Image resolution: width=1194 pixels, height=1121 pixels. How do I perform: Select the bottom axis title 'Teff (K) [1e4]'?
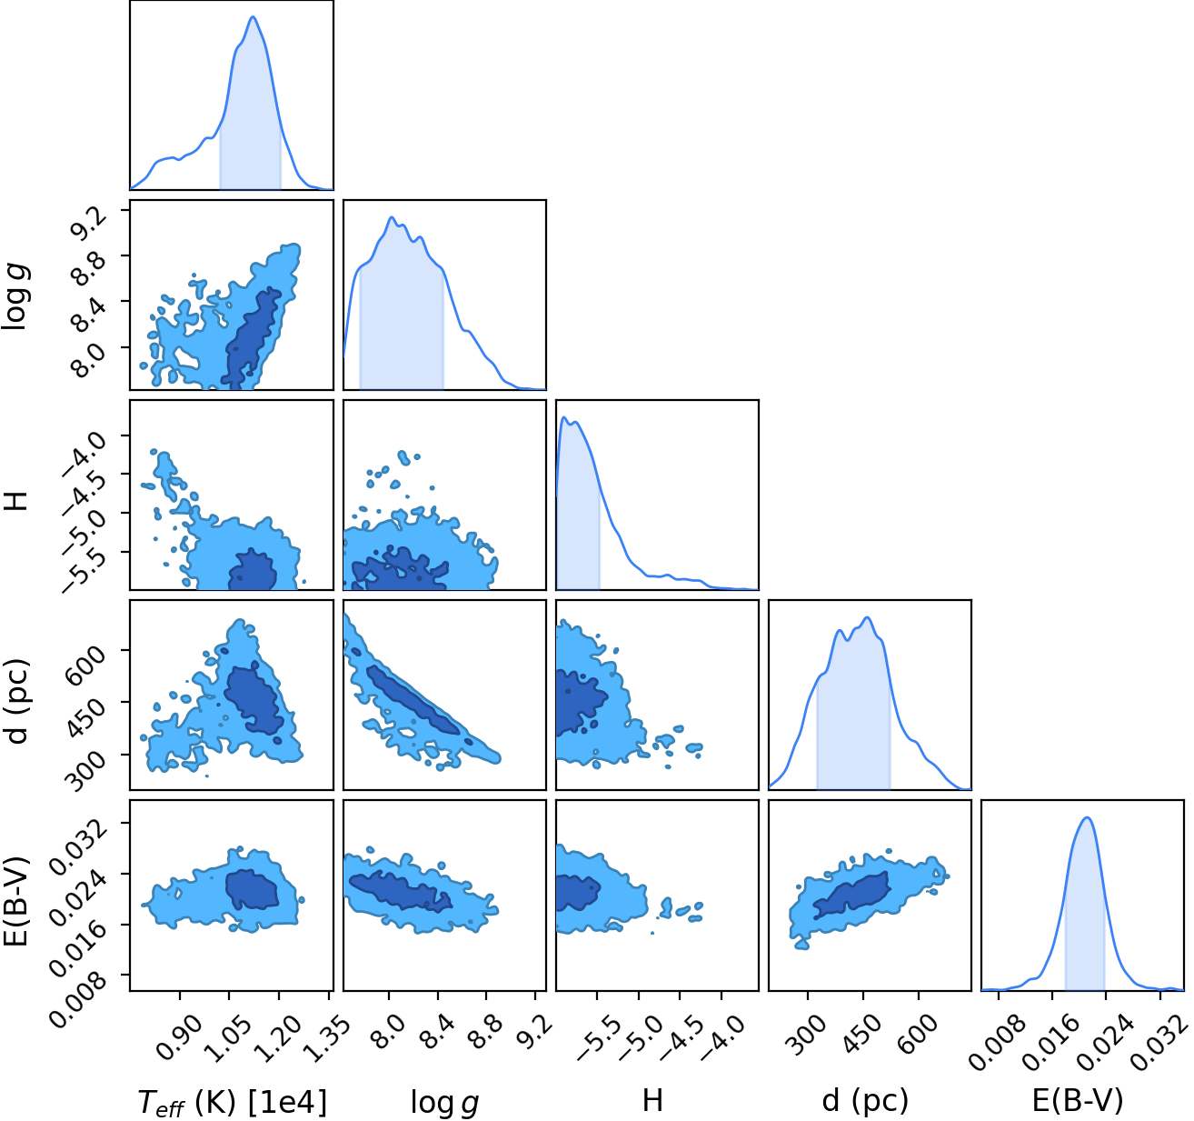233,1102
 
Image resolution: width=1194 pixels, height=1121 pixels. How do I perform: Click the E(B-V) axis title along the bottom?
1078,1100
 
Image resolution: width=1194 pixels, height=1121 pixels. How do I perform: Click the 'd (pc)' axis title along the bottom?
865,1100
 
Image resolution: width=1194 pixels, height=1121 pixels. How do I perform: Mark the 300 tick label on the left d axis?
87,769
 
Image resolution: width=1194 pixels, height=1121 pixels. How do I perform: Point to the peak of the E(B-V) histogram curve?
1087,817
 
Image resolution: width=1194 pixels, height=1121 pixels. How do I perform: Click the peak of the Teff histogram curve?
254,17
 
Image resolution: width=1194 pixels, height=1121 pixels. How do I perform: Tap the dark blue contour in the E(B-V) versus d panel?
851,893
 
